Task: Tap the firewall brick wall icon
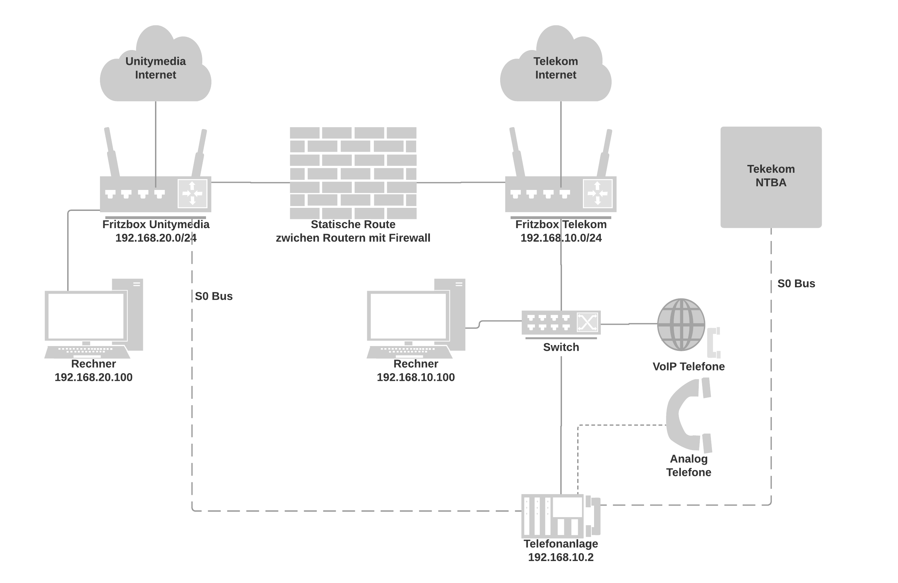[353, 173]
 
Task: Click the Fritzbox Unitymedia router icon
[155, 194]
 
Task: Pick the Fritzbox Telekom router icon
[561, 194]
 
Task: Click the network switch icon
[561, 322]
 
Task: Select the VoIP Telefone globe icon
[682, 324]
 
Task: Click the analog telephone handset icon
[688, 415]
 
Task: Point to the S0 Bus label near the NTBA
[796, 284]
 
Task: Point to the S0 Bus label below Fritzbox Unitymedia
[213, 296]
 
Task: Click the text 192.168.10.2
[560, 557]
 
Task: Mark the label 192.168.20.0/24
[155, 238]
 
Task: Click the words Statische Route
[353, 224]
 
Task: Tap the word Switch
[561, 347]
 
